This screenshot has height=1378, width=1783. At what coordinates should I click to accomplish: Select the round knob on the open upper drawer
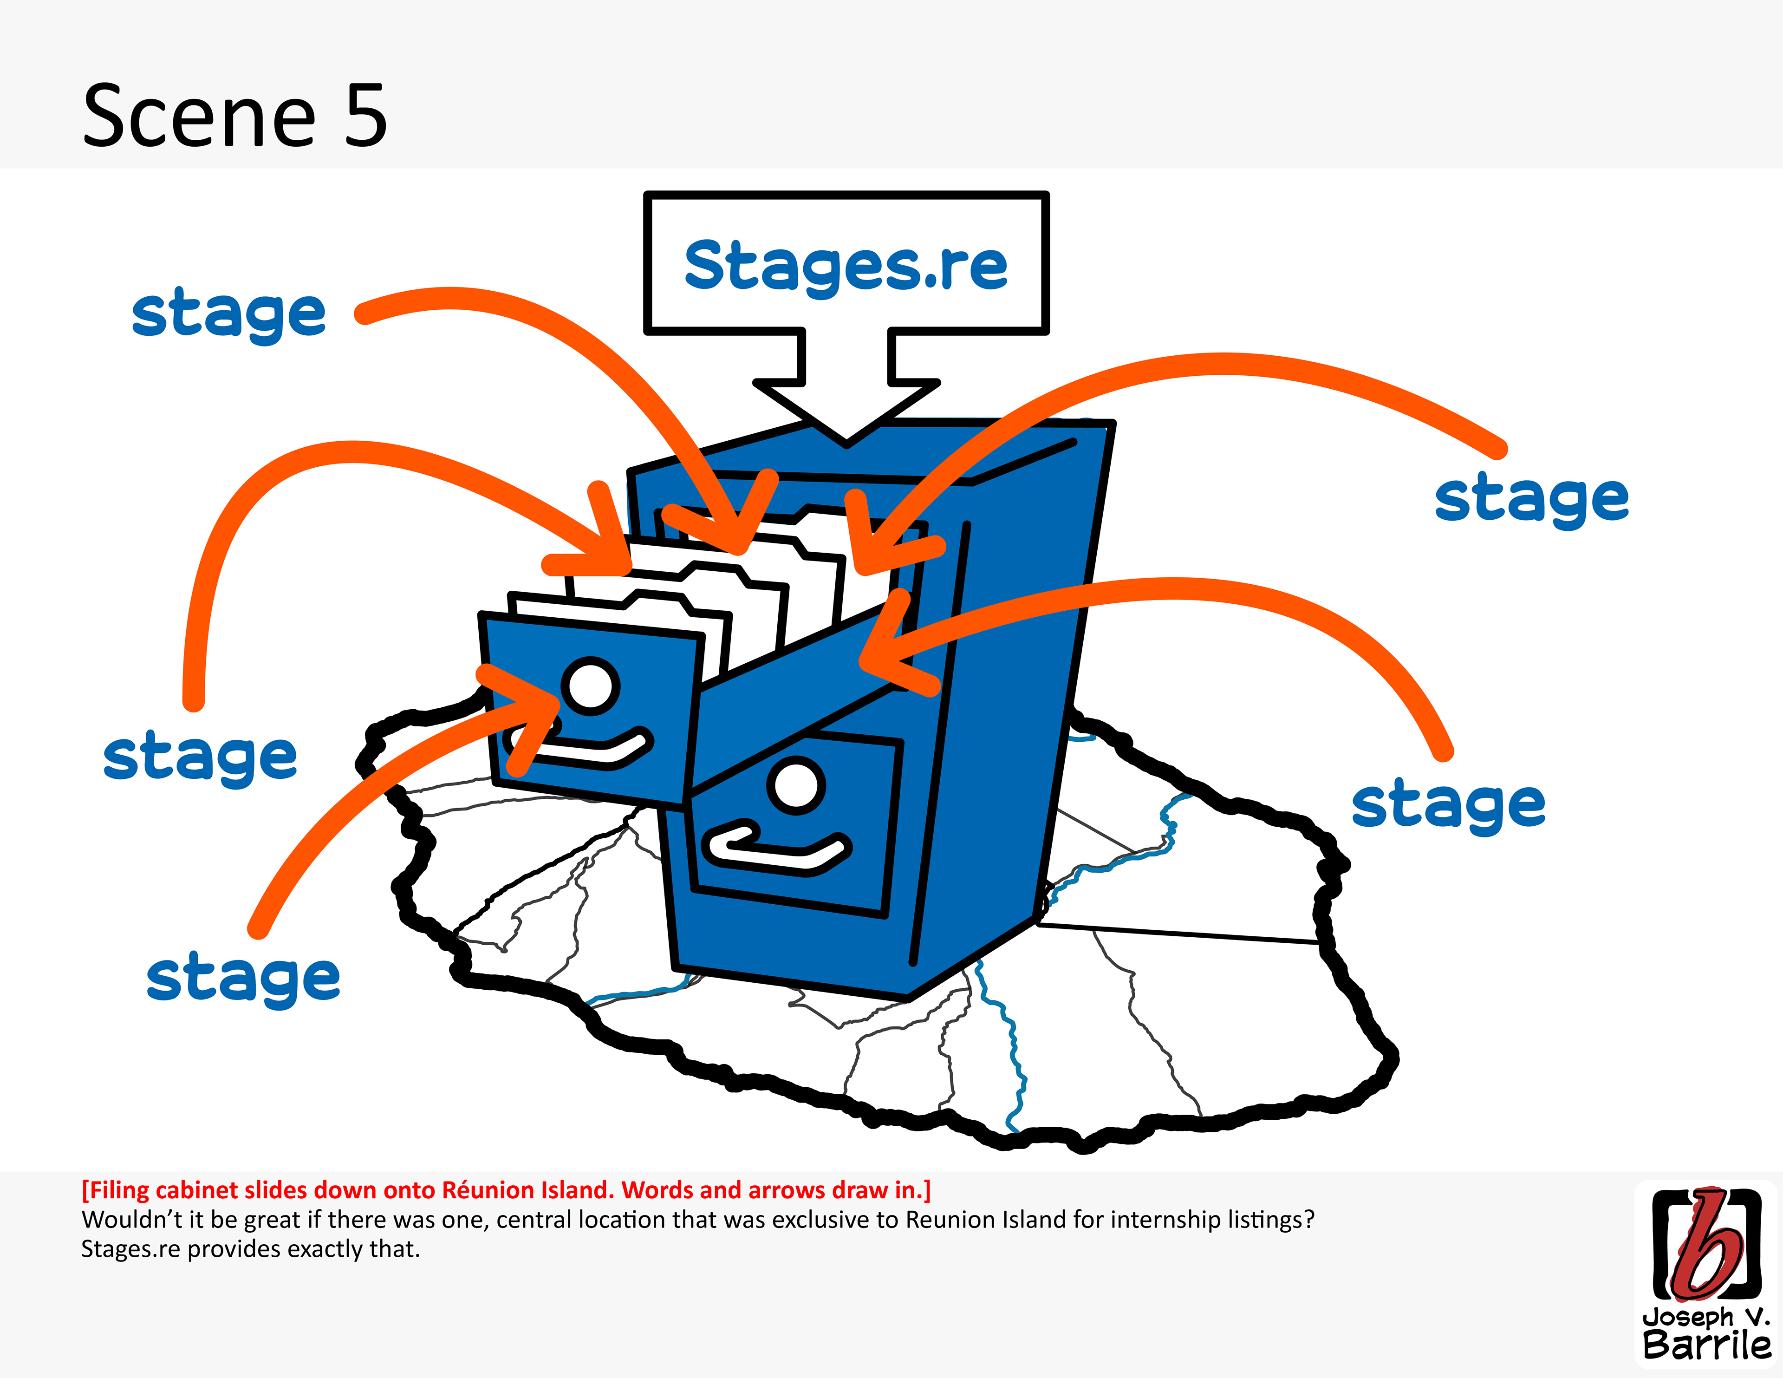coord(590,686)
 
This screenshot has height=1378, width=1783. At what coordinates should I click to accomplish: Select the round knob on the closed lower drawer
coord(796,785)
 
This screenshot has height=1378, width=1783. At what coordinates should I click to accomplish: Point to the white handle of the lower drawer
coord(775,849)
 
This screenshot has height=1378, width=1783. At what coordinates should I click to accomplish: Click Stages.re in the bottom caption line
coord(130,1249)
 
